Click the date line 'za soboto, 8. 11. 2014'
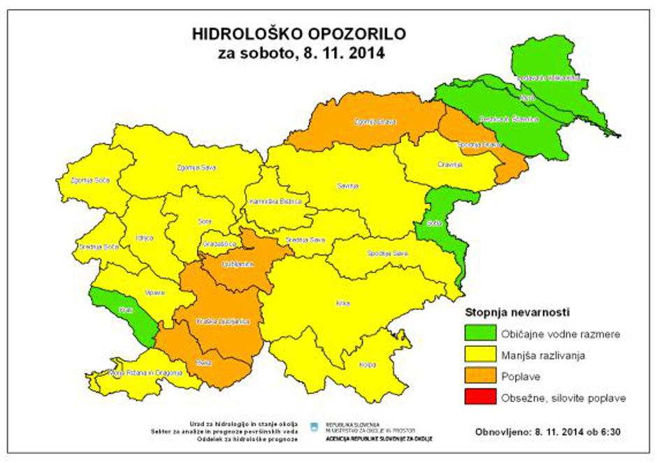click(301, 53)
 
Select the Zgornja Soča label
click(83, 181)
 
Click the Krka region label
click(342, 303)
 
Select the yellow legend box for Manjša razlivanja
click(480, 355)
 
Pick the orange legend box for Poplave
click(480, 376)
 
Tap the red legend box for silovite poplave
click(480, 397)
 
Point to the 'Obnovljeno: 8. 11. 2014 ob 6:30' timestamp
click(547, 431)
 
